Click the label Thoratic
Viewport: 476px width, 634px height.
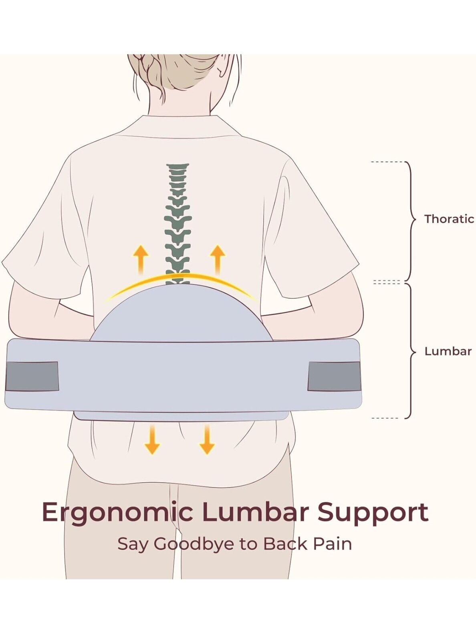click(x=449, y=219)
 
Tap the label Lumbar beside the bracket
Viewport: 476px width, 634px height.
click(x=448, y=351)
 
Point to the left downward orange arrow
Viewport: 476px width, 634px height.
click(x=152, y=440)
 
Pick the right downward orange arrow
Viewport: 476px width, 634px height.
click(x=207, y=440)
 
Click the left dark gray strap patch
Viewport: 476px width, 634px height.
click(x=32, y=376)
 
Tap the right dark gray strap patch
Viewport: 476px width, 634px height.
click(x=335, y=376)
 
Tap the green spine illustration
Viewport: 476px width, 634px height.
click(x=178, y=224)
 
